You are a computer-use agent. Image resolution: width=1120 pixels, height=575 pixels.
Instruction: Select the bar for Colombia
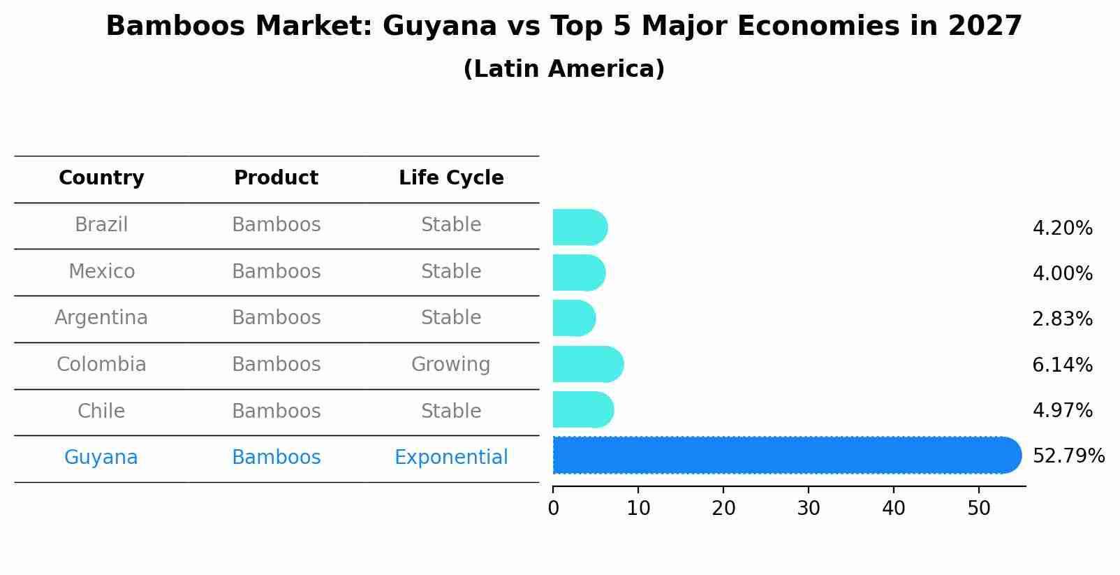click(587, 364)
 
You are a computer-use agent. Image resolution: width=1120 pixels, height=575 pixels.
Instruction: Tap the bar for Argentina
click(573, 318)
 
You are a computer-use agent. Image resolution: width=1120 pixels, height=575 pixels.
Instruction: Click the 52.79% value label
click(1068, 456)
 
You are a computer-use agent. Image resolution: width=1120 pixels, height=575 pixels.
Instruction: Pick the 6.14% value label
click(1061, 365)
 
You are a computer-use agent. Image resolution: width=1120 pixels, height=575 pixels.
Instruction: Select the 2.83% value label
click(1061, 319)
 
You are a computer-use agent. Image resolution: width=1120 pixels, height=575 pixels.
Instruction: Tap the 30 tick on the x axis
click(809, 508)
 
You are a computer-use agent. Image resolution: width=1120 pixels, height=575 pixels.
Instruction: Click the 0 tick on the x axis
click(554, 508)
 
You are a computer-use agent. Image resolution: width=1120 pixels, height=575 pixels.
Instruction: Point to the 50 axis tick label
click(979, 508)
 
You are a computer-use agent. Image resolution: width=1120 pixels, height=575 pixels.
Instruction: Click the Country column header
click(101, 178)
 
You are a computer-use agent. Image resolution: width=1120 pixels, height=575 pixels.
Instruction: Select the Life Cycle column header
click(451, 178)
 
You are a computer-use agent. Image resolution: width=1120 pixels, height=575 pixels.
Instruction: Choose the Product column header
click(276, 178)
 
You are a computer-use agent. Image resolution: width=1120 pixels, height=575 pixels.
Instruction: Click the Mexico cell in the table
click(101, 271)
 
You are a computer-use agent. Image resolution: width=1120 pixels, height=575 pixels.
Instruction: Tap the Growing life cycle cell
click(450, 365)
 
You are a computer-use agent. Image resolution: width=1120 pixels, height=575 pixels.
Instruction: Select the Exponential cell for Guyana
click(451, 458)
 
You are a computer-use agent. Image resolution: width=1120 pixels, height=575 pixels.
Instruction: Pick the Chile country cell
click(101, 411)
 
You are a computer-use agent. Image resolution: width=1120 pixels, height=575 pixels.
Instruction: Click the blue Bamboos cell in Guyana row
click(276, 458)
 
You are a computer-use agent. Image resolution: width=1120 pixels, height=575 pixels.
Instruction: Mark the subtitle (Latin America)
click(563, 69)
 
